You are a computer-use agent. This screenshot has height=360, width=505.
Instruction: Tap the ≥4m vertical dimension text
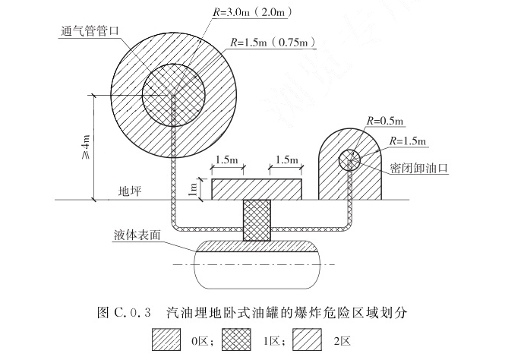[x=85, y=145]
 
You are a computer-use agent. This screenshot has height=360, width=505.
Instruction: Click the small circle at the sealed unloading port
[x=349, y=159]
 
